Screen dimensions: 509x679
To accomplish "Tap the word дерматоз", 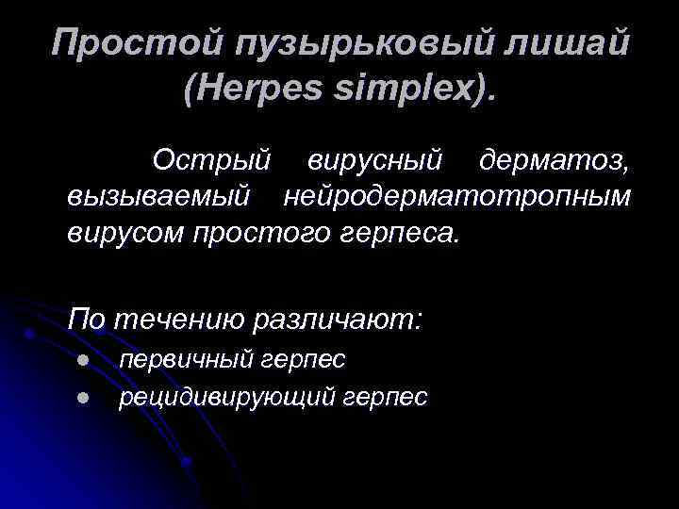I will [x=553, y=159].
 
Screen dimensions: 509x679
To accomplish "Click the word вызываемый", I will [x=159, y=196].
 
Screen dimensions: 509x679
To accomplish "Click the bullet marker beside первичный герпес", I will [x=83, y=360].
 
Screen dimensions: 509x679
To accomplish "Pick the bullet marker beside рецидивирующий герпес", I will [x=83, y=398].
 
